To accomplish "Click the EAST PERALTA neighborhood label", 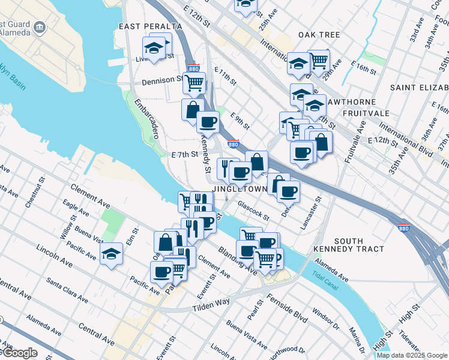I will click(150, 26).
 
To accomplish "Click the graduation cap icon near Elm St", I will click(112, 254).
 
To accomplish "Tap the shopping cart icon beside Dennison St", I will click(194, 83).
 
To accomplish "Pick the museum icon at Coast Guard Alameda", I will click(40, 26).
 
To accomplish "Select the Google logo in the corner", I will click(19, 353).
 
